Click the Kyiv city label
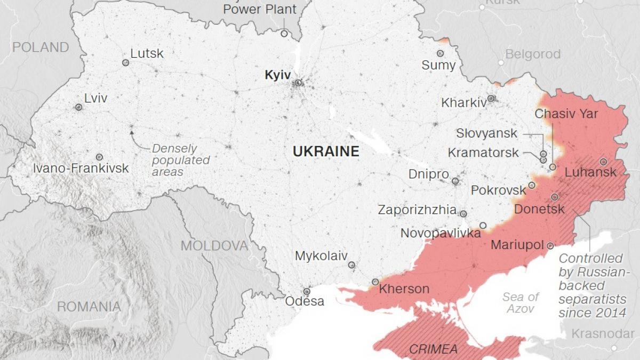coord(276,75)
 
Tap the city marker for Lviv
coord(78,107)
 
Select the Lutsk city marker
coord(126,62)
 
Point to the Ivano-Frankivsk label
coord(81,169)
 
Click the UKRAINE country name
coord(326,151)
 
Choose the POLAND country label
coord(41,47)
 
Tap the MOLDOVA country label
coord(214,246)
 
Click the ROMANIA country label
coord(89,307)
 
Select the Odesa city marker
coord(307,292)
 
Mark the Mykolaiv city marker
coord(351,265)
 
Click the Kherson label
coord(404,289)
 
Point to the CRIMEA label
coord(433,349)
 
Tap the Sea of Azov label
coord(520,302)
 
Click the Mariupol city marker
coord(550,246)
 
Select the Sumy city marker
coord(440,53)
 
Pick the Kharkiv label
coord(463,102)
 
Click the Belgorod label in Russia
coord(533,54)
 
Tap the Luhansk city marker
coord(603,162)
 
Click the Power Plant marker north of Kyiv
coord(284,34)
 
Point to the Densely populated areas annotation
coord(180,160)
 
